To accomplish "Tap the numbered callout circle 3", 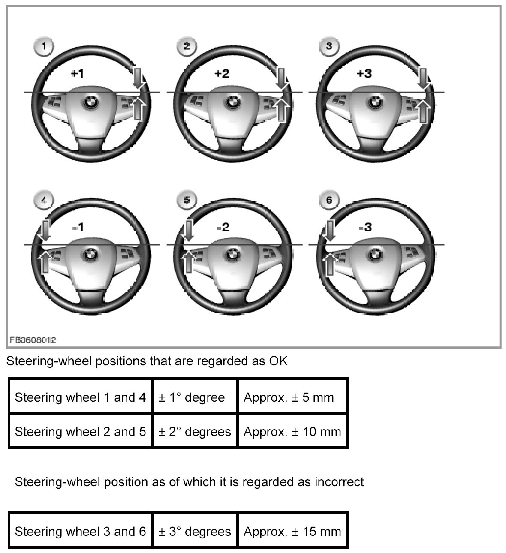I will click(x=329, y=46).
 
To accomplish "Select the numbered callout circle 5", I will click(x=187, y=200).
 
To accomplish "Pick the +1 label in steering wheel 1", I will click(x=77, y=74).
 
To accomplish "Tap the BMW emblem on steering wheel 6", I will click(x=377, y=255).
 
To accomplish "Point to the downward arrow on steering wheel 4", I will click(x=45, y=230).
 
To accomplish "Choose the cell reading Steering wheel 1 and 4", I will click(x=80, y=397).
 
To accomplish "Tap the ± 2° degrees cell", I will click(x=194, y=432).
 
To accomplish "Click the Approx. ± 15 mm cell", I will click(x=292, y=532).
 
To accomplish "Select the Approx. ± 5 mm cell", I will click(x=288, y=397).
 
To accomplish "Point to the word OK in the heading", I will click(x=278, y=361).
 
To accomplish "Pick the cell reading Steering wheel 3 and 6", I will click(x=80, y=532).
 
